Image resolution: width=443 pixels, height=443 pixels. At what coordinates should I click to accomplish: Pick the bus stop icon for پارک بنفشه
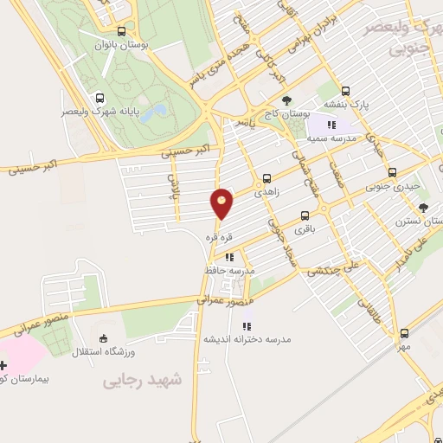coord(346,90)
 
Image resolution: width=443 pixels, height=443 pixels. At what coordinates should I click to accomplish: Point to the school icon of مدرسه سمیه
coord(331,125)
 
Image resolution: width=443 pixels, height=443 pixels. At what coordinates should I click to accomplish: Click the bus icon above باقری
coord(305,215)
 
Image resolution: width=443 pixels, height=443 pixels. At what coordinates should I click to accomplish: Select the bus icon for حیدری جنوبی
coord(393,171)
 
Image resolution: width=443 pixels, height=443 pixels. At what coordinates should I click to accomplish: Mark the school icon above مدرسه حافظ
coord(228,257)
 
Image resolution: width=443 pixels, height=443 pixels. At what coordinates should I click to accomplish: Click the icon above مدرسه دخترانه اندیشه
coord(246,326)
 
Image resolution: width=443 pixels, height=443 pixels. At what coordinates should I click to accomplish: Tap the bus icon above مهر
coord(404,333)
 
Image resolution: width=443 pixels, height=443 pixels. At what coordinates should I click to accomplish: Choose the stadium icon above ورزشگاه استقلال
coord(104,337)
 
